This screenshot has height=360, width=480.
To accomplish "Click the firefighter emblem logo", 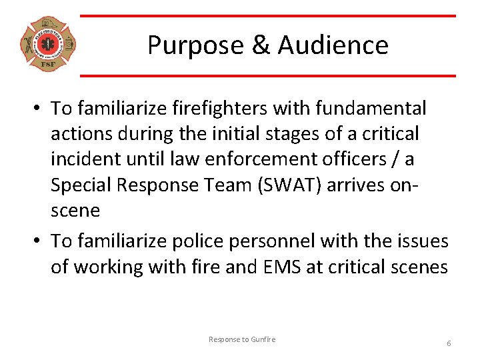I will click(x=47, y=44).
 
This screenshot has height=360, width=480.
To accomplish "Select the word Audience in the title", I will click(x=333, y=45).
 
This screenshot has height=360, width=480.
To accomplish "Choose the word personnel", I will click(x=261, y=240).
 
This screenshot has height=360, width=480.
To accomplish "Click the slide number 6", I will click(x=449, y=343).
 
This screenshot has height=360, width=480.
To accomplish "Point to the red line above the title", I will click(x=267, y=16).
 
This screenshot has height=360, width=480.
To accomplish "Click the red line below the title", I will click(x=267, y=75).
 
